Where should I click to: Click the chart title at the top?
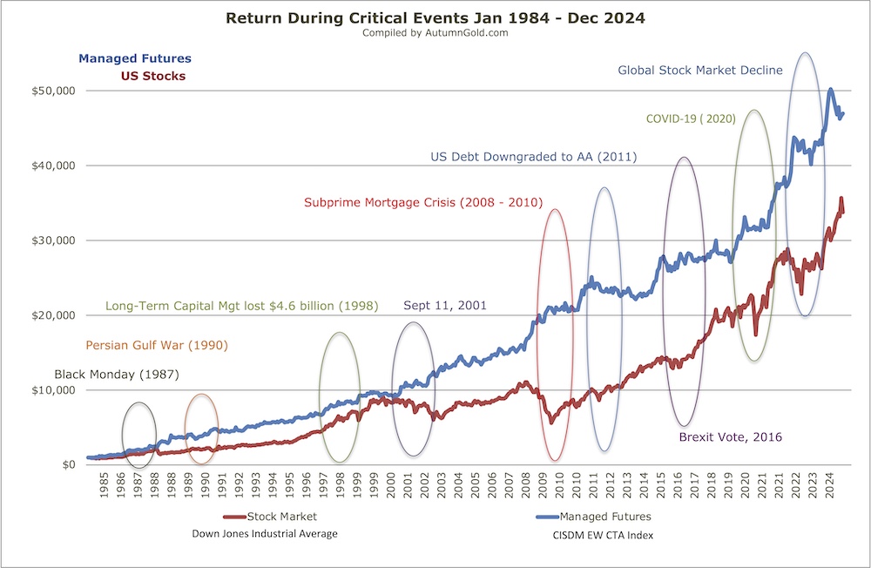click(x=435, y=17)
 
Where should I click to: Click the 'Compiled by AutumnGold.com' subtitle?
click(x=435, y=33)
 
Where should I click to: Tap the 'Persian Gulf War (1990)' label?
click(x=156, y=345)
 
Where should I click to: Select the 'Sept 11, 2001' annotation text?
click(x=444, y=306)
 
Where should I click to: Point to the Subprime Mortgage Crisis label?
click(x=423, y=202)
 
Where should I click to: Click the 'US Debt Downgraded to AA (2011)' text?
click(x=534, y=158)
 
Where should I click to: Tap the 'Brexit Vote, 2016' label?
click(x=731, y=437)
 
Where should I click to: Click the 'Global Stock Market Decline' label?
click(x=700, y=70)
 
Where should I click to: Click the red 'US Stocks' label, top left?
click(x=152, y=76)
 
